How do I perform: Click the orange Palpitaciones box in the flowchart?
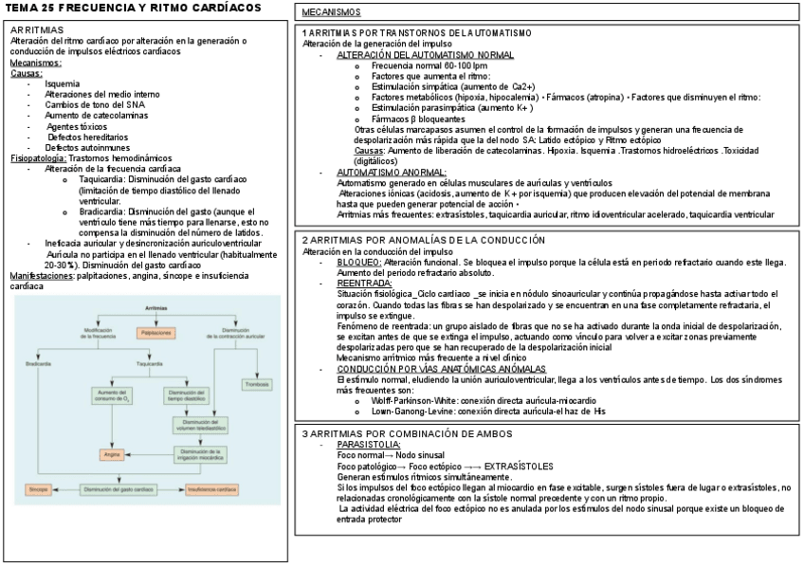click(x=156, y=333)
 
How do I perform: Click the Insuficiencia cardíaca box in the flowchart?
click(x=213, y=488)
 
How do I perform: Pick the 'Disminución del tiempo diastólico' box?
click(x=188, y=394)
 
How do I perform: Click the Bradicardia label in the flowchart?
click(x=39, y=362)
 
